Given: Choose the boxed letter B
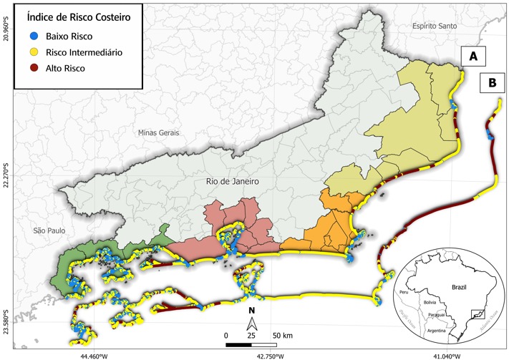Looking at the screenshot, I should point(492,82).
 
